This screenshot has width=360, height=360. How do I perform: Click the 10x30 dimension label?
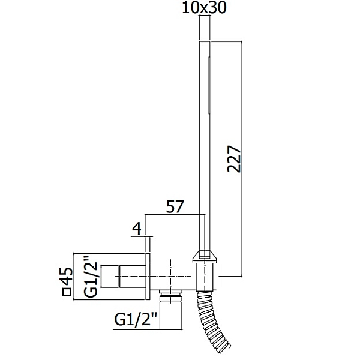tap(204, 8)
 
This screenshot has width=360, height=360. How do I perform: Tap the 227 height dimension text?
tap(234, 158)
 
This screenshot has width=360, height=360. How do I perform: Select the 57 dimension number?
tap(175, 206)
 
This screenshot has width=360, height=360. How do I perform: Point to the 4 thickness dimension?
tap(137, 229)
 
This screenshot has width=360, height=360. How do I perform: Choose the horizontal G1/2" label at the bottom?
tap(135, 319)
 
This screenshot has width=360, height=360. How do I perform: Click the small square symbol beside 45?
tap(67, 293)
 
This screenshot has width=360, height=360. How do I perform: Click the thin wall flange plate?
tap(148, 277)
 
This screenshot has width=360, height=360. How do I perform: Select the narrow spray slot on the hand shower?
tap(209, 85)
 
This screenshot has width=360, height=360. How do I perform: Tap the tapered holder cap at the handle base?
tap(205, 256)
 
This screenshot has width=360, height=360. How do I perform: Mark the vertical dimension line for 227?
tap(242, 158)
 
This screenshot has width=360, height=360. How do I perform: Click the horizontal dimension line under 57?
tap(175, 215)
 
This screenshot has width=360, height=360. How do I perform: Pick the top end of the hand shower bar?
tap(205, 41)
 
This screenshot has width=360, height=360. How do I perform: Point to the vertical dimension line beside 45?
tap(73, 277)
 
